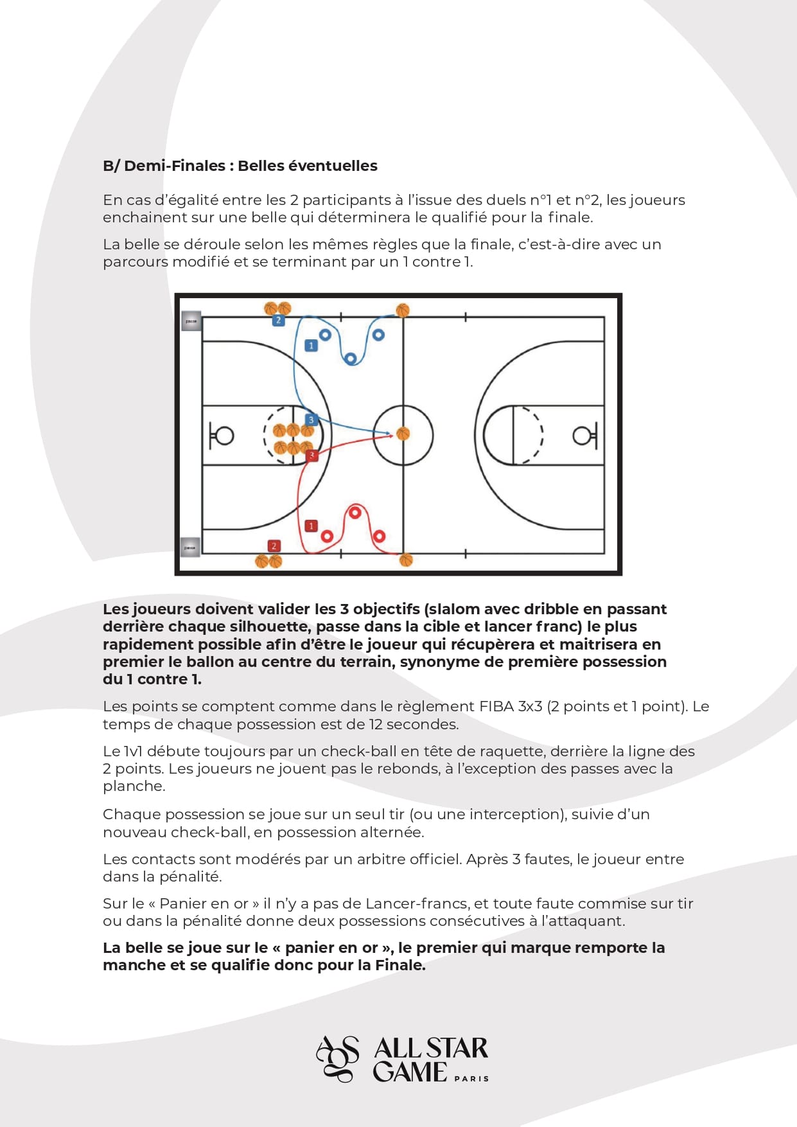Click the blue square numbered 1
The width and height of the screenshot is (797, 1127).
311,346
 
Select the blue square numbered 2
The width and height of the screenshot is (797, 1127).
278,320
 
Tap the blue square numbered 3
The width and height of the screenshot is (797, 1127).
311,420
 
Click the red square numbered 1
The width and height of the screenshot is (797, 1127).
311,526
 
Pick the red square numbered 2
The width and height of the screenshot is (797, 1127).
274,546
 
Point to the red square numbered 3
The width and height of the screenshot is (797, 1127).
312,456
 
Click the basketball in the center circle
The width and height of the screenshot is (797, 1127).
403,434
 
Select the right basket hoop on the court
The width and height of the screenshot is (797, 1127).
582,436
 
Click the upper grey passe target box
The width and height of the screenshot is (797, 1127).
191,321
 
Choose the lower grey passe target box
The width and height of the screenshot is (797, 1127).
190,547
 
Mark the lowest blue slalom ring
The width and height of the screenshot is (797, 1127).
351,359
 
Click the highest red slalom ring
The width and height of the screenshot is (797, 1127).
355,513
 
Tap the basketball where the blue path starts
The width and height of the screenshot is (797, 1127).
403,311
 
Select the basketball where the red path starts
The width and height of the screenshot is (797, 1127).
406,560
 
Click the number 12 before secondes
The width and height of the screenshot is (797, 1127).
376,725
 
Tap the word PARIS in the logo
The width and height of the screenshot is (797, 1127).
471,1079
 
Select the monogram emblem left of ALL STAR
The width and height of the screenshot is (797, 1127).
338,1059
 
